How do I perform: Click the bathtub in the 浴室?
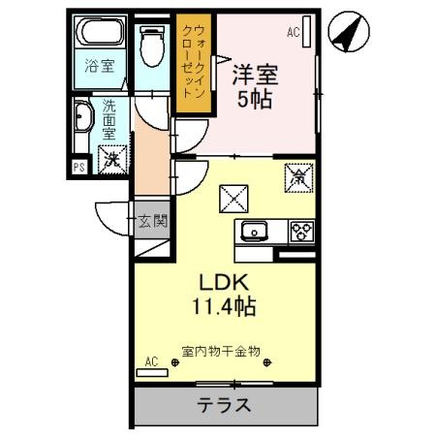pyautogui.click(x=100, y=32)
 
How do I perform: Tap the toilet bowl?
pyautogui.click(x=152, y=47)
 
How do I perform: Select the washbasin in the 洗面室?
pyautogui.click(x=83, y=117)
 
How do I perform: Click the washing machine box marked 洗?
pyautogui.click(x=112, y=160)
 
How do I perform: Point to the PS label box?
pyautogui.click(x=79, y=168)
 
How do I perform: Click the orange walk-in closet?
pyautogui.click(x=194, y=62)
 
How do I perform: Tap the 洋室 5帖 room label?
pyautogui.click(x=255, y=86)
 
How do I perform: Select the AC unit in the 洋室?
pyautogui.click(x=307, y=32)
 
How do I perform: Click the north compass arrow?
pyautogui.click(x=349, y=32)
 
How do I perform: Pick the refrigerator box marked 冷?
pyautogui.click(x=298, y=178)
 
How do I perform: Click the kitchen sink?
pyautogui.click(x=254, y=232)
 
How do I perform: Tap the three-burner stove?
pyautogui.click(x=301, y=232)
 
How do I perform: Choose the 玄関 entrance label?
pyautogui.click(x=153, y=221)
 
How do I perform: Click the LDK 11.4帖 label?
pyautogui.click(x=224, y=294)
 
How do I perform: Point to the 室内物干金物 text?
pyautogui.click(x=221, y=351)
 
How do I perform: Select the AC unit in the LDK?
pyautogui.click(x=152, y=373)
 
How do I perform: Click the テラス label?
pyautogui.click(x=224, y=405)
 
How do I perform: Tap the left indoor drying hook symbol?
pyautogui.click(x=175, y=362)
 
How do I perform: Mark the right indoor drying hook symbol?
pyautogui.click(x=266, y=362)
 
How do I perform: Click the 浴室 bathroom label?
pyautogui.click(x=100, y=66)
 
